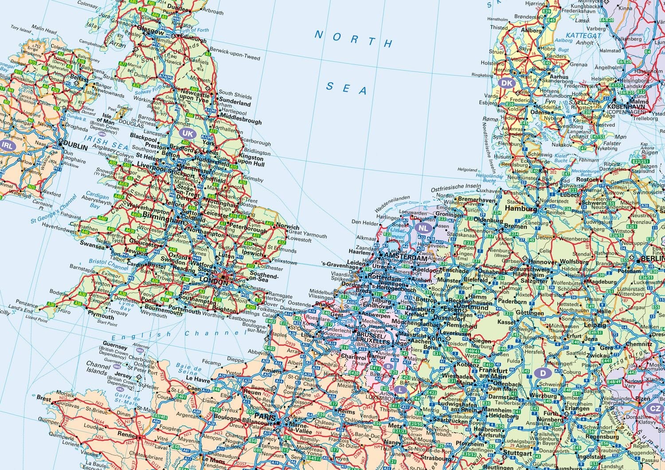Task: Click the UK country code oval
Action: tap(188, 133)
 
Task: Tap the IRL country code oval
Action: tap(8, 145)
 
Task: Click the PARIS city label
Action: tap(261, 418)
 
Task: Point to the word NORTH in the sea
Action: tap(354, 39)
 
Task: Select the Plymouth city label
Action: tap(101, 316)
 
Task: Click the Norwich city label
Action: tap(287, 227)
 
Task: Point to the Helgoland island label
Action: tap(467, 170)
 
